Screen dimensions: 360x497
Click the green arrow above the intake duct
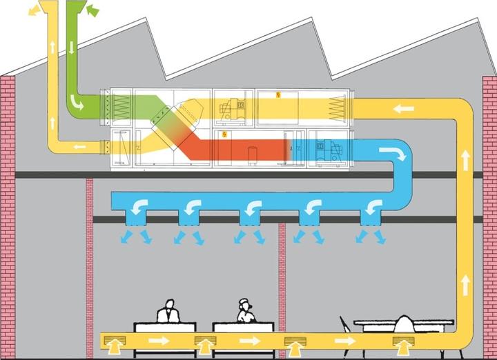[92, 10]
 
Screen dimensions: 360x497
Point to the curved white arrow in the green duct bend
[79, 104]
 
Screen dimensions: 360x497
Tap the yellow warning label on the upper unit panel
[278, 94]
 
